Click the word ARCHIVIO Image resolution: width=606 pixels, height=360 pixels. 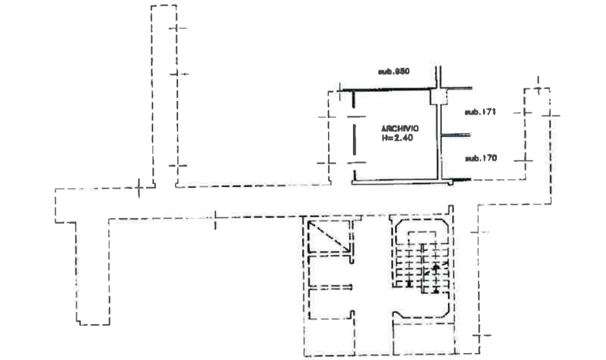400,127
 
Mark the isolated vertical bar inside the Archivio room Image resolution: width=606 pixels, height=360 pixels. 354,139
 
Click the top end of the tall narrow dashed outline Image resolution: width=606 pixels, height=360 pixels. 165,5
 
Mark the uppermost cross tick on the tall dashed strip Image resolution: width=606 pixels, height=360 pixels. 180,28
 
